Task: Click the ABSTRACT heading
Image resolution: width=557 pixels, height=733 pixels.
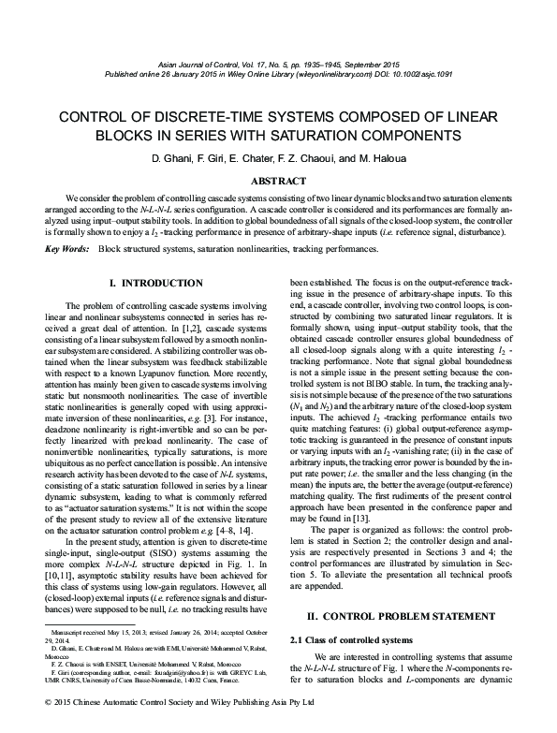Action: click(x=278, y=181)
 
